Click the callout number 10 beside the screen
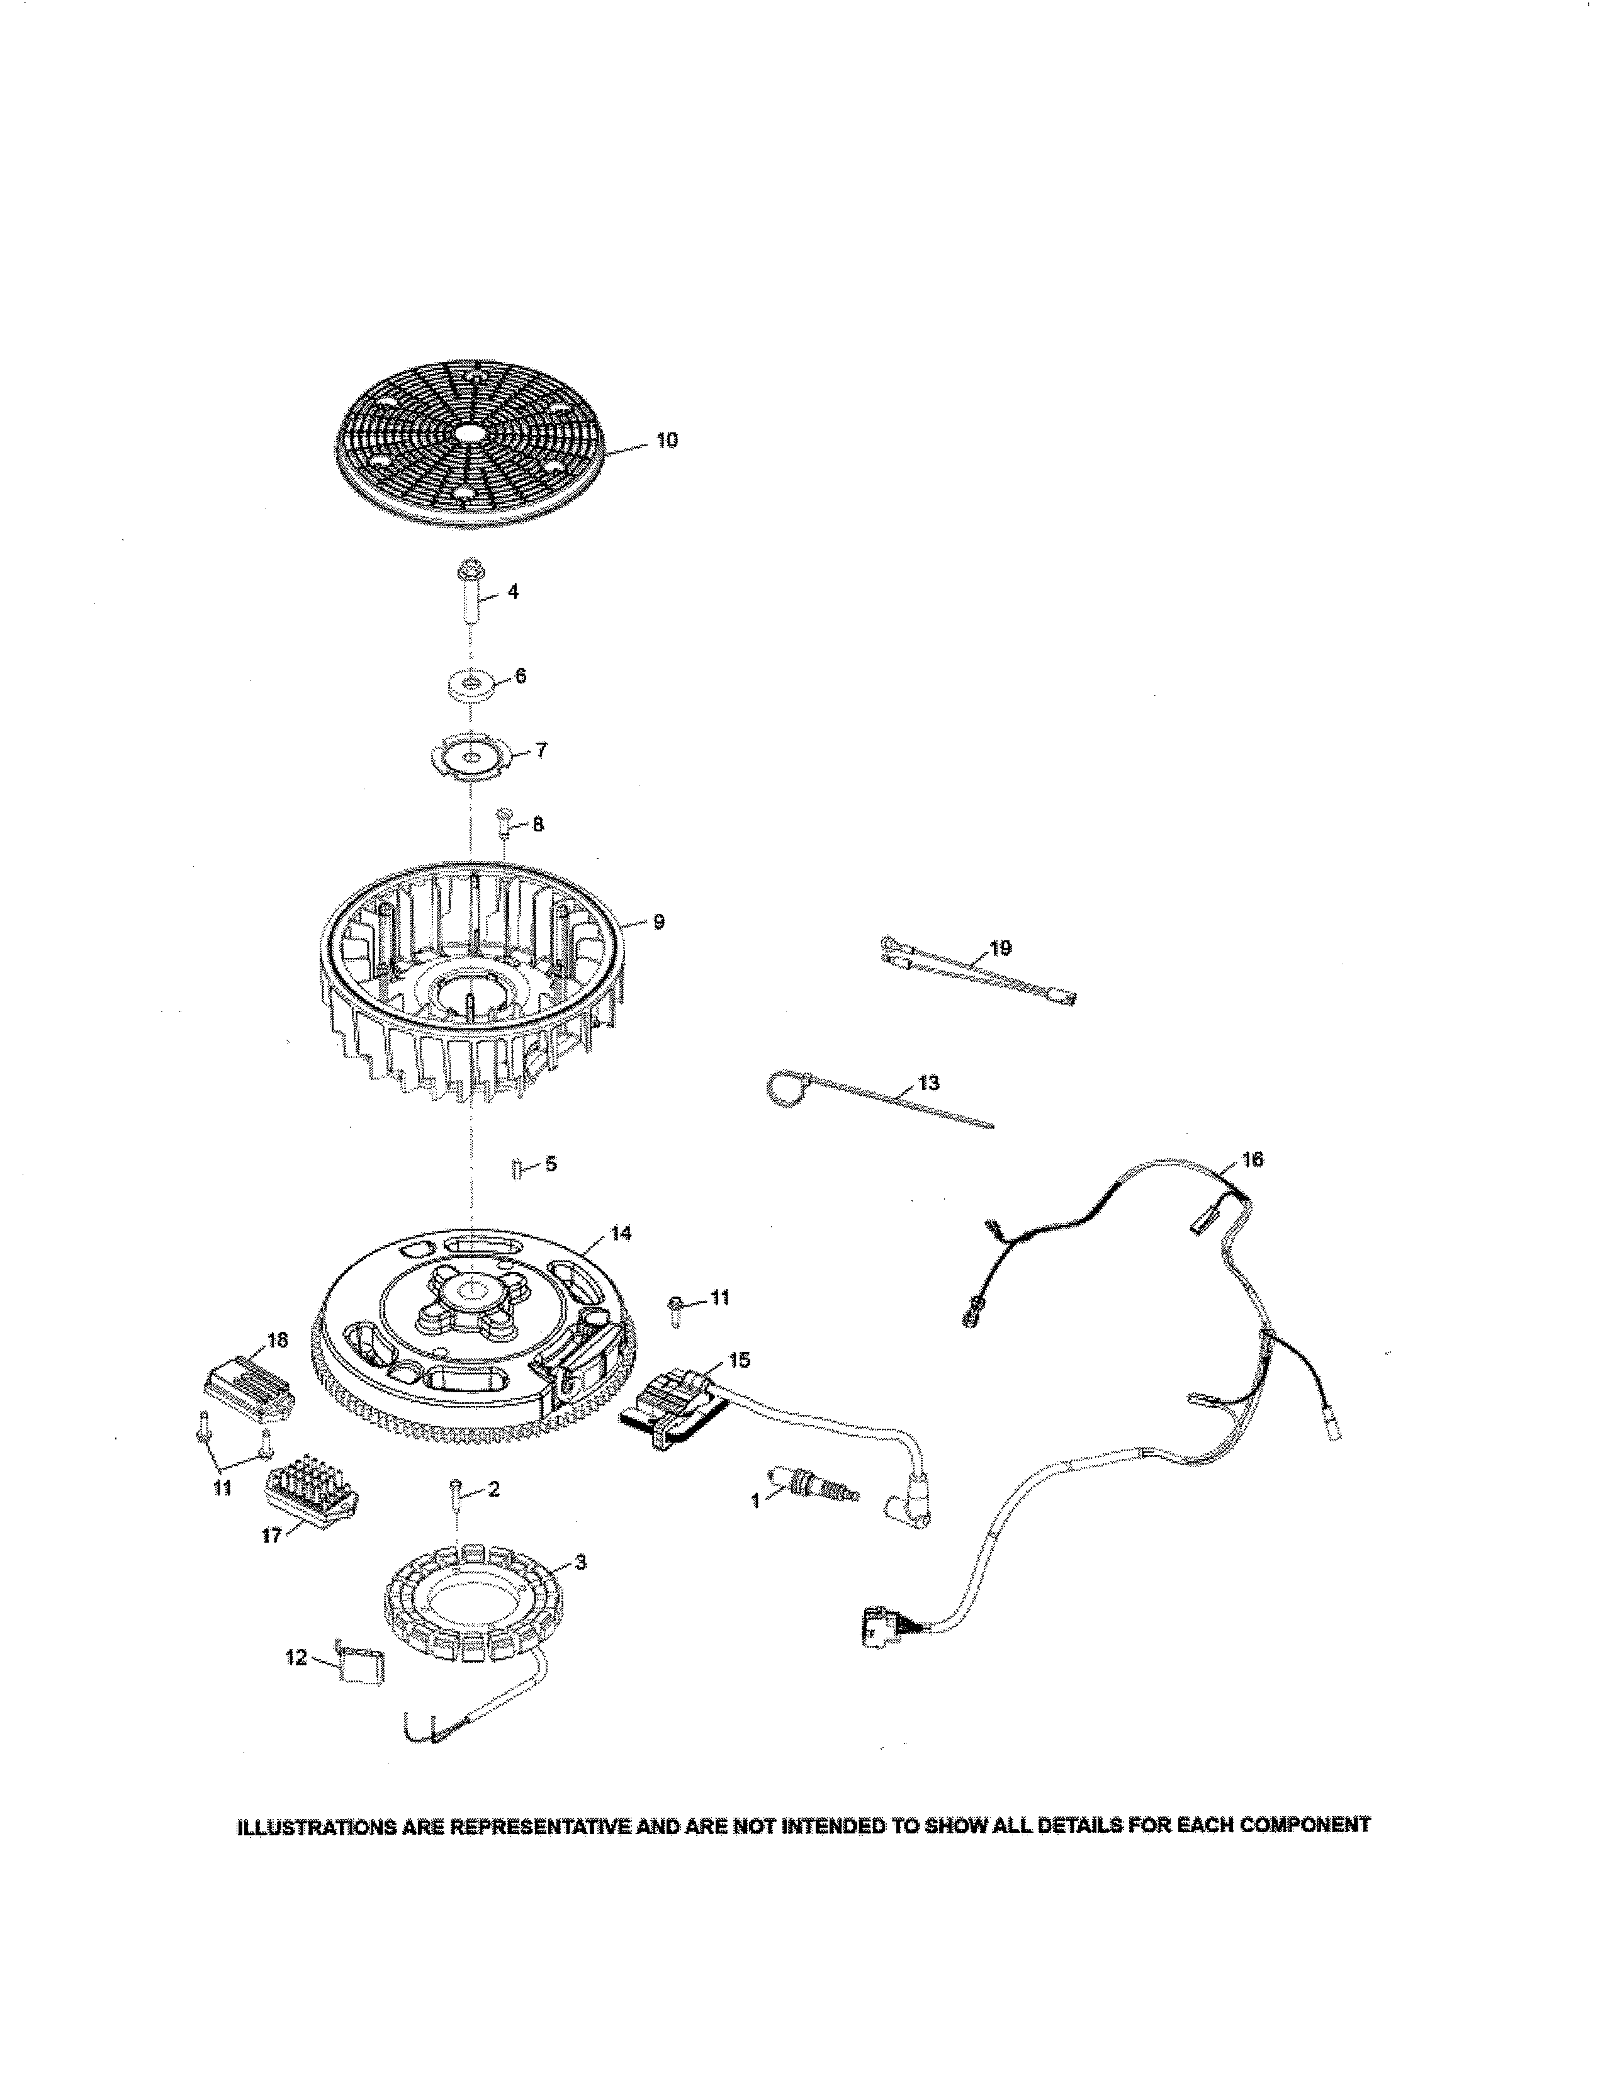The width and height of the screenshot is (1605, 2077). click(x=667, y=441)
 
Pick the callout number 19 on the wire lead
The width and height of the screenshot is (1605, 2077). click(x=1000, y=948)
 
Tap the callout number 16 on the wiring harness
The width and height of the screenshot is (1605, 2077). click(x=1253, y=1159)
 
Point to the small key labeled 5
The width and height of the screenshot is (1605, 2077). click(x=516, y=1168)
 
